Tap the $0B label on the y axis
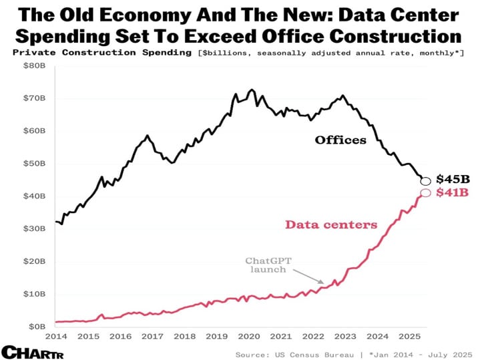36,327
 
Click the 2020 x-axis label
248,337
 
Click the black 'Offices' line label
340,140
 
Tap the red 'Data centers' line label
331,225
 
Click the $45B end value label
453,179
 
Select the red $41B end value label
453,193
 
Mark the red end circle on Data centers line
426,194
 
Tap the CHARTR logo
29,351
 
